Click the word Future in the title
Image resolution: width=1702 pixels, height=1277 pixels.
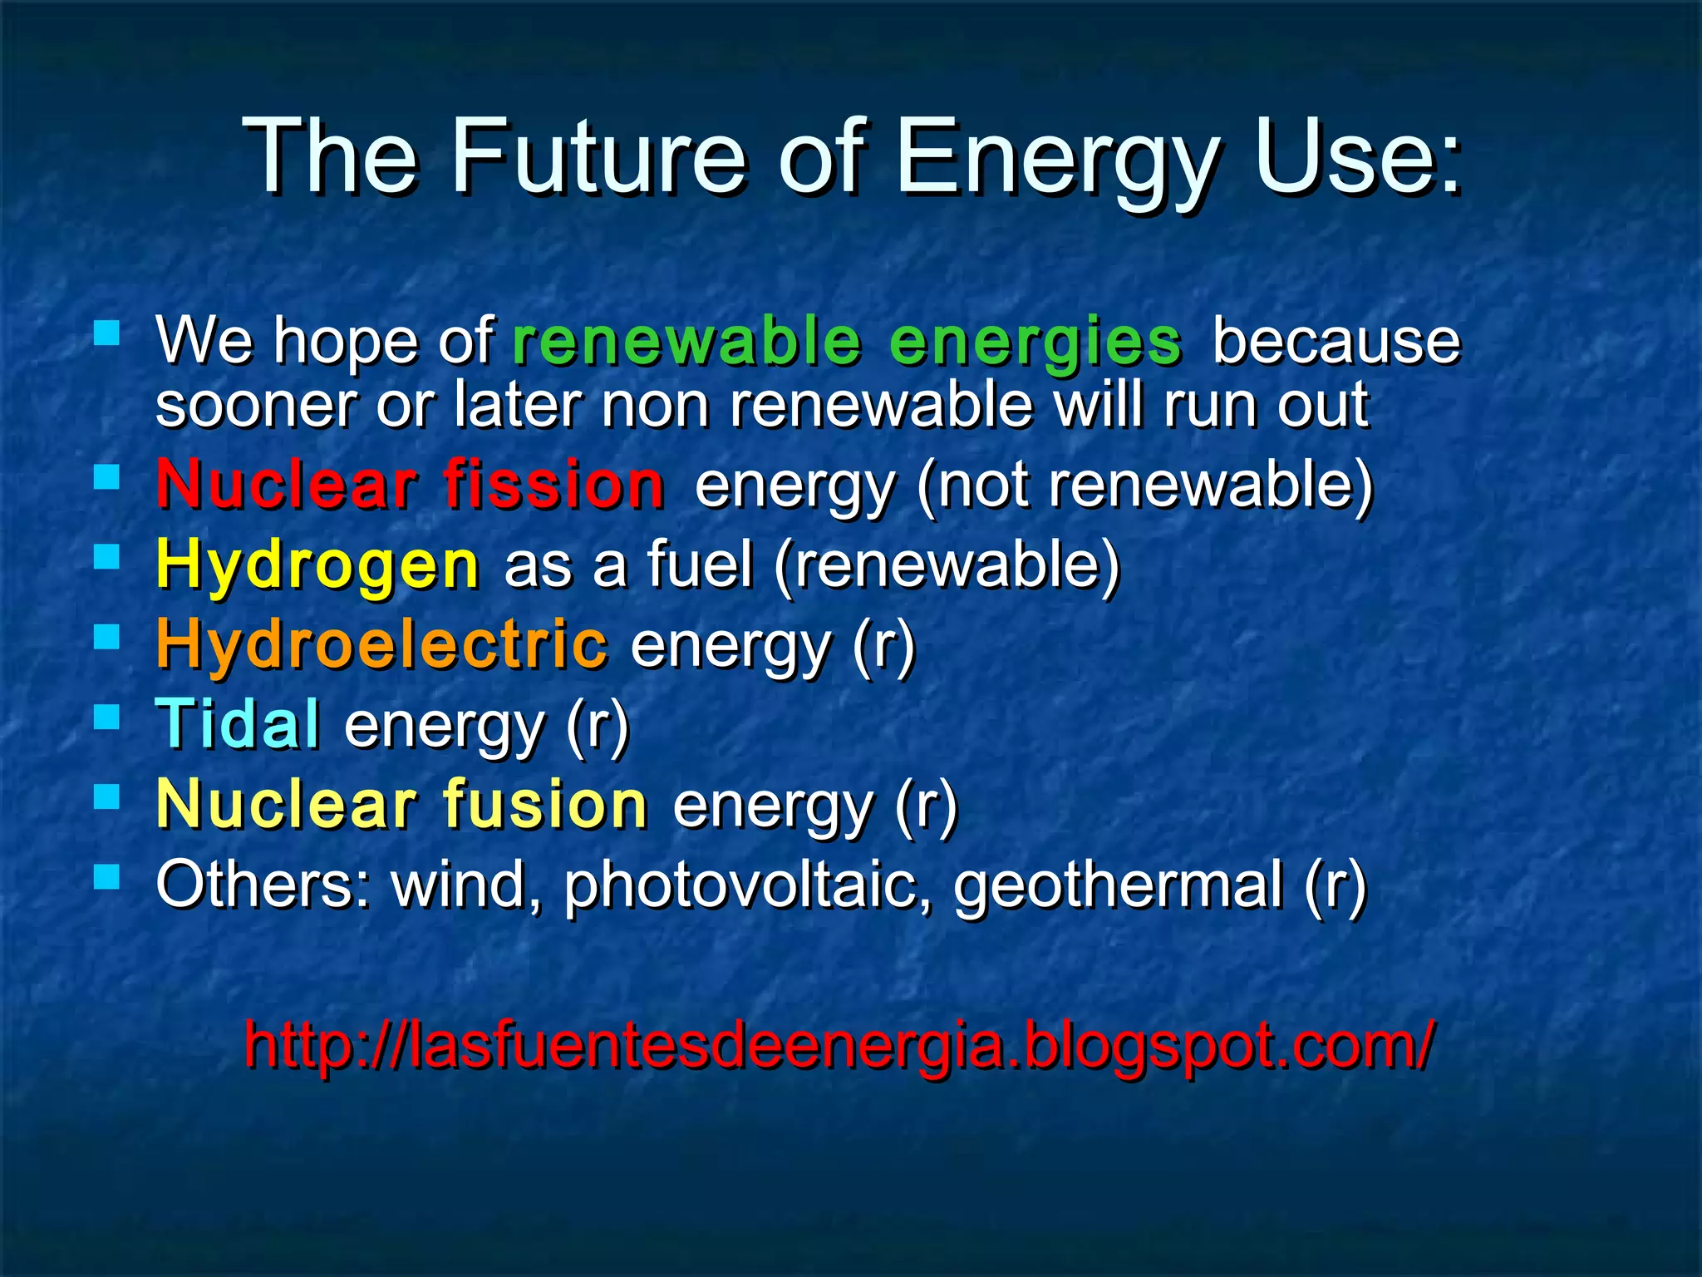[598, 158]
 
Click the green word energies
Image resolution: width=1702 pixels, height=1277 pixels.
[1035, 343]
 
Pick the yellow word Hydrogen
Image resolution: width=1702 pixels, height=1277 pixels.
[317, 565]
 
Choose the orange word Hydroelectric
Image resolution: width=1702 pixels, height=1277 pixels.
[382, 644]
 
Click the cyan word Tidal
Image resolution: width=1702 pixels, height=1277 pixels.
[238, 723]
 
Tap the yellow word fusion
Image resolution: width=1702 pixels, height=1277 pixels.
[545, 804]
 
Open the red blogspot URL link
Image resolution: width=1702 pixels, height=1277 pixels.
[839, 1045]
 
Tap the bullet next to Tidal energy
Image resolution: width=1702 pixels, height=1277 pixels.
[107, 717]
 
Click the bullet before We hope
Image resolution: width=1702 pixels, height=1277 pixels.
[107, 334]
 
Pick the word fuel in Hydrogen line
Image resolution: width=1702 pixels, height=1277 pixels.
[699, 565]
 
